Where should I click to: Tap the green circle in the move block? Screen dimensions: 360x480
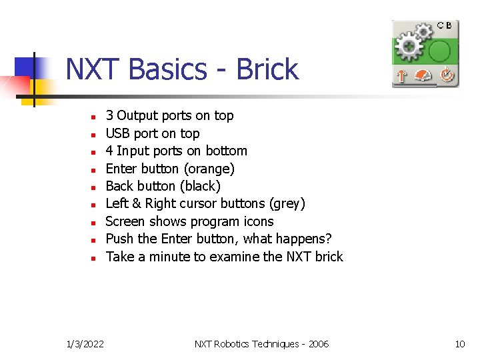(439, 51)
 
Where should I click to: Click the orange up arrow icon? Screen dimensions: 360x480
(401, 76)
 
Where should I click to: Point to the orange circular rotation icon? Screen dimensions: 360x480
(446, 76)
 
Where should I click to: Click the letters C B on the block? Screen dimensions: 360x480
(445, 25)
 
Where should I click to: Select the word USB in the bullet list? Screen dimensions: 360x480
(119, 133)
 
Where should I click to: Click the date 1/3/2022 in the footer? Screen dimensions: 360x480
(86, 344)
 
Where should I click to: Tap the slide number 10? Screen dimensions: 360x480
(459, 344)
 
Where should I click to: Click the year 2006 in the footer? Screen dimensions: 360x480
(319, 344)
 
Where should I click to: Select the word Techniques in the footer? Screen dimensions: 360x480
(268, 344)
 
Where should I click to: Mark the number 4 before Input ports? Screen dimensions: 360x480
(109, 151)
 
